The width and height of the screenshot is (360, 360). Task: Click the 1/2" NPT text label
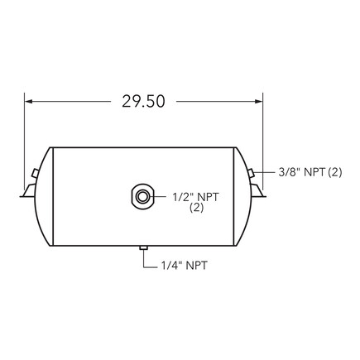click(196, 197)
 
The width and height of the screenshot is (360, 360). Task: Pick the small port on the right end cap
click(250, 171)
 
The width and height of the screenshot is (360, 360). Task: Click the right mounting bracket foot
click(259, 192)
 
